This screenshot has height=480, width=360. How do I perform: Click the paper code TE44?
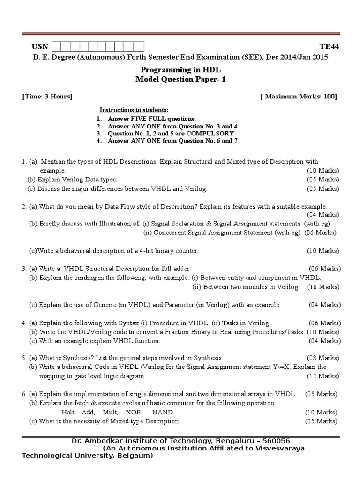point(329,46)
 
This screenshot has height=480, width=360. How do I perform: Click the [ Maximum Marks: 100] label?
point(299,97)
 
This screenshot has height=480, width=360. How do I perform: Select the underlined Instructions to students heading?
point(130,109)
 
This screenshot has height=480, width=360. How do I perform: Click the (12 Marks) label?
point(323,376)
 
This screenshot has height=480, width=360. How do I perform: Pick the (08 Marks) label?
point(323,357)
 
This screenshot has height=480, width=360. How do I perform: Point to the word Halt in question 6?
point(69,412)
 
